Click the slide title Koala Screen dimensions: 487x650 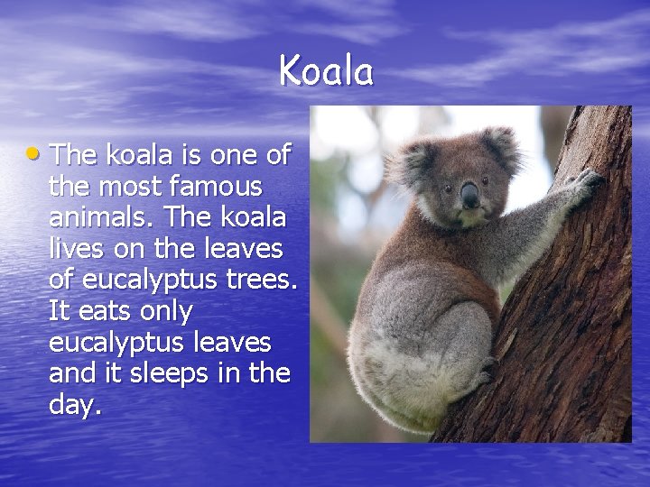click(x=325, y=70)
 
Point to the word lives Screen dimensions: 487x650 click(x=76, y=250)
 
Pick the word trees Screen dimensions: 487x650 click(x=256, y=280)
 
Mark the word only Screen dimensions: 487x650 click(x=164, y=312)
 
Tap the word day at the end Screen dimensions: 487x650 click(x=73, y=405)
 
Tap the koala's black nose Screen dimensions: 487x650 click(x=470, y=193)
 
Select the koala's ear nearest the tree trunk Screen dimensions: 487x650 click(x=502, y=146)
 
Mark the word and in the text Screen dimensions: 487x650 click(x=70, y=373)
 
